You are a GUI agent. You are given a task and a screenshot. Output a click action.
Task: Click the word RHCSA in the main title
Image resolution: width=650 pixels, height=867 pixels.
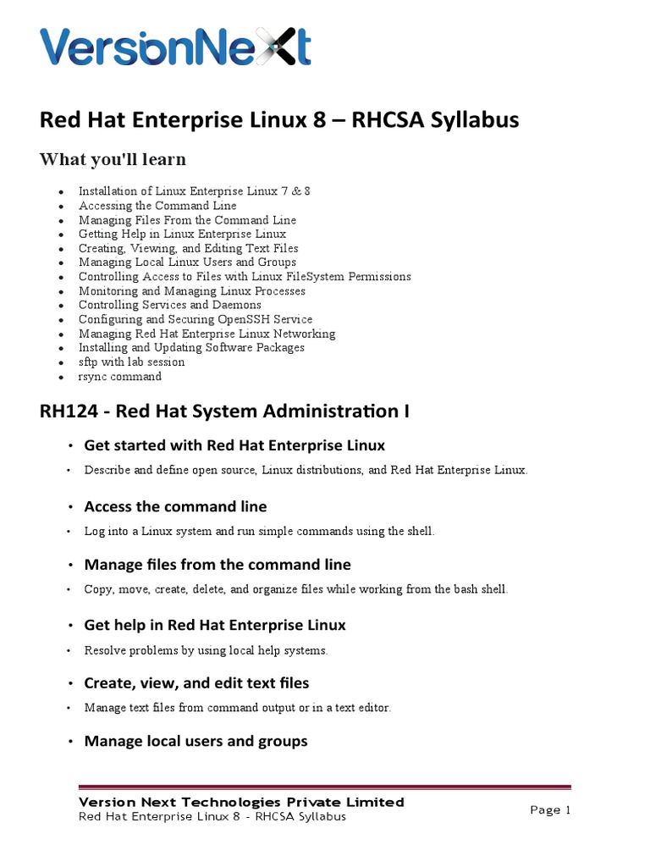click(393, 121)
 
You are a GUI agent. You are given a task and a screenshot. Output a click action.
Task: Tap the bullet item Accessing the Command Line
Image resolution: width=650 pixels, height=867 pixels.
click(157, 206)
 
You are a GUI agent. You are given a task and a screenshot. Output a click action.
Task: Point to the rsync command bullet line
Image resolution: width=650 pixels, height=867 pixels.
click(119, 376)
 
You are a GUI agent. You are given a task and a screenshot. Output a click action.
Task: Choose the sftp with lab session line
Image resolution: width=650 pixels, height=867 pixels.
click(131, 362)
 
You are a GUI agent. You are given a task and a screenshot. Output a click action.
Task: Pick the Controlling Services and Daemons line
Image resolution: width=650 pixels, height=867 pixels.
click(169, 305)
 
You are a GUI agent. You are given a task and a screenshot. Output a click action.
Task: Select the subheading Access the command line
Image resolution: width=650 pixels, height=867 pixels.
click(175, 506)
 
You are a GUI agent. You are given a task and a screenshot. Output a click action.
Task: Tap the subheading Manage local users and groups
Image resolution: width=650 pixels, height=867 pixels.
click(196, 741)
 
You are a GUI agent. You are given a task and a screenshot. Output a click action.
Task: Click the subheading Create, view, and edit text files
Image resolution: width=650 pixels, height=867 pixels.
click(196, 682)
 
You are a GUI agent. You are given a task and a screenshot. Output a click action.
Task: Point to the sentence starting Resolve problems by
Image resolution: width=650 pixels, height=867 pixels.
click(206, 650)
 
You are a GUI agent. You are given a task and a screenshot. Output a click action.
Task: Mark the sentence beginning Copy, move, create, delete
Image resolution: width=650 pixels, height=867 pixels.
click(295, 588)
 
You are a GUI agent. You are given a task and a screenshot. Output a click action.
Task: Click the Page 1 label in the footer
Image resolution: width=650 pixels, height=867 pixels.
click(550, 810)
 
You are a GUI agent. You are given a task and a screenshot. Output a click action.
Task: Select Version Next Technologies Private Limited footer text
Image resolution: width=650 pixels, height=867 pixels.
click(241, 802)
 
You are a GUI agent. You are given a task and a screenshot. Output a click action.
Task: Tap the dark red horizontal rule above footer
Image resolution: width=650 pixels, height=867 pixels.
click(325, 787)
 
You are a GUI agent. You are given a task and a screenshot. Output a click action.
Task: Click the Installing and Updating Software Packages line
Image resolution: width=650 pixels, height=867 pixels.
click(191, 347)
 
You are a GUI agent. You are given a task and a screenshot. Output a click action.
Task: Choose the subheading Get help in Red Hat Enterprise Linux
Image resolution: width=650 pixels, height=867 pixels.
click(215, 625)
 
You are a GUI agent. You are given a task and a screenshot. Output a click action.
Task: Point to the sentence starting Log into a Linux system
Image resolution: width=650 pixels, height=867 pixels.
click(259, 531)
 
